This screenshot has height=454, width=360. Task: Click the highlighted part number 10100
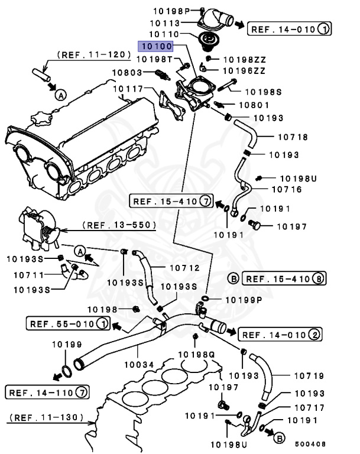point(155,46)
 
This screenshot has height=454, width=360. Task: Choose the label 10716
point(286,189)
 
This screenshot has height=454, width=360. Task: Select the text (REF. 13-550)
point(119,225)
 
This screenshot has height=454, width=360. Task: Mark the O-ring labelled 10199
point(67,370)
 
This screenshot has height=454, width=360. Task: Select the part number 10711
point(24,274)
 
